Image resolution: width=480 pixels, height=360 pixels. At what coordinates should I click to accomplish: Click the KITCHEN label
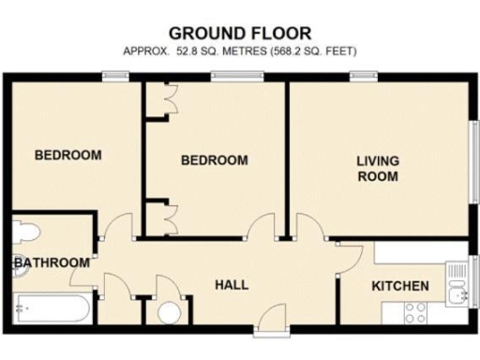400,286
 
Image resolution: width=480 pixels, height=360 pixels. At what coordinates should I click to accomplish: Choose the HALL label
232,284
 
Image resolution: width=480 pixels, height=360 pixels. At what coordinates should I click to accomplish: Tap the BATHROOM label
52,262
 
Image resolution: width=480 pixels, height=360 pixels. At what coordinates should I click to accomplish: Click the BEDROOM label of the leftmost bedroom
67,155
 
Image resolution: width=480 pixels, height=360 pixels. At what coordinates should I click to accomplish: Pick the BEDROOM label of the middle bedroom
215,160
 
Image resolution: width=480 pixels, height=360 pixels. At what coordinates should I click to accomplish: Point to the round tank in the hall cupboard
169,314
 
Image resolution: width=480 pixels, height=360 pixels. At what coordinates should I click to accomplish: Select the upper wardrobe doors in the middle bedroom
169,101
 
